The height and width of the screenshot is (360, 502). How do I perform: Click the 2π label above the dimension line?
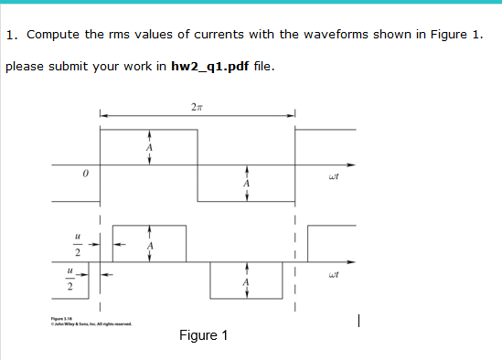197,108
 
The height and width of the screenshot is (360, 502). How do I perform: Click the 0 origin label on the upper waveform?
84,174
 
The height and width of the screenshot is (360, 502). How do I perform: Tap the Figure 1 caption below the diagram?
205,335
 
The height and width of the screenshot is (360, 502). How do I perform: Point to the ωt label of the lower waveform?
332,273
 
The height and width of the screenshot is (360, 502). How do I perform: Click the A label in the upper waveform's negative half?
245,183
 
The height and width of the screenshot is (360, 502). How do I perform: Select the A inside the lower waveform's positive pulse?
150,245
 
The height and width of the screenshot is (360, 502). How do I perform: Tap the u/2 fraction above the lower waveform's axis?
78,243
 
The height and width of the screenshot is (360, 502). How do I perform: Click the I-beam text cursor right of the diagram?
362,321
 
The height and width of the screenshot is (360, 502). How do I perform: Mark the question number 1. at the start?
12,36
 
